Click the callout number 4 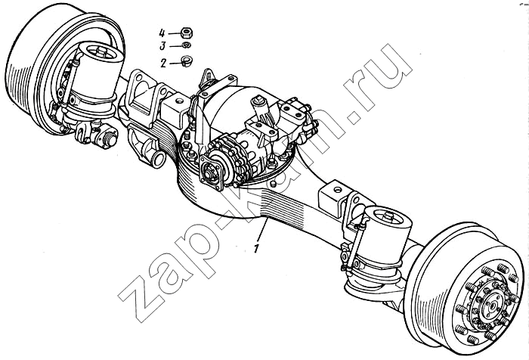click(162, 33)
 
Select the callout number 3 click(162, 46)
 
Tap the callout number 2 click(163, 63)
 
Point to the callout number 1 click(257, 248)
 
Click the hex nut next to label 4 click(187, 33)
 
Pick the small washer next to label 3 click(186, 45)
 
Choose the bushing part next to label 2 click(187, 61)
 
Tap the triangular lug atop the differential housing click(207, 78)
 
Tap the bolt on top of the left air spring click(101, 51)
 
